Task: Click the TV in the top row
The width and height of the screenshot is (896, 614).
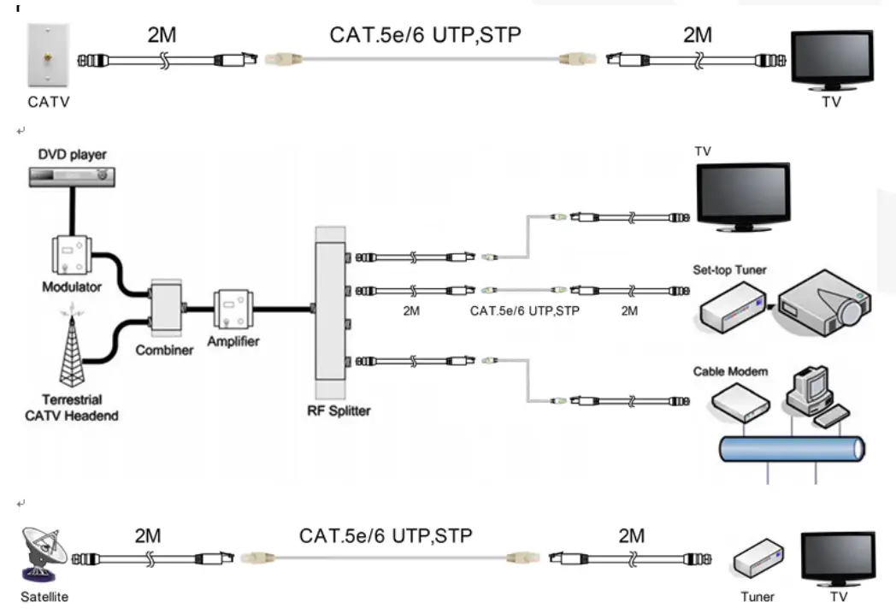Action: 828,59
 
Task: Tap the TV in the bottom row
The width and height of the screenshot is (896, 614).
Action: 837,557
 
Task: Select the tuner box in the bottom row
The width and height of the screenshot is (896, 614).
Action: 757,560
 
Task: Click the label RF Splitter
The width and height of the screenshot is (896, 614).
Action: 339,410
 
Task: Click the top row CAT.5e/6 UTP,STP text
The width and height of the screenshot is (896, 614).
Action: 425,35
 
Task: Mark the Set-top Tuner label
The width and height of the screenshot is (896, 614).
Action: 728,270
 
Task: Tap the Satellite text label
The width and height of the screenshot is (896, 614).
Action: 45,597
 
